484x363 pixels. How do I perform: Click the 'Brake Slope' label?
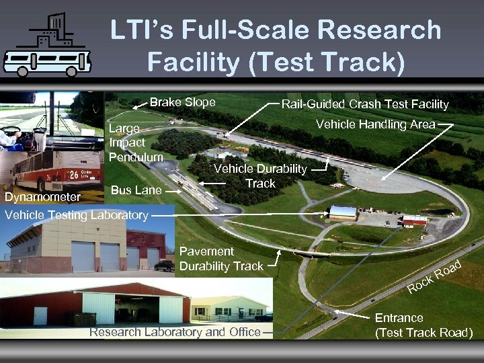click(182, 103)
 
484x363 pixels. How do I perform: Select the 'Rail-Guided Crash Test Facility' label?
click(364, 104)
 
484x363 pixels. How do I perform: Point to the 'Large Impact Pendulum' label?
click(135, 143)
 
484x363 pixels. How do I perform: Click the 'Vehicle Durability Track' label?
click(260, 176)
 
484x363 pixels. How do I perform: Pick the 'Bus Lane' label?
click(136, 190)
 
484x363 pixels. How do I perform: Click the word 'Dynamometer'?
click(42, 198)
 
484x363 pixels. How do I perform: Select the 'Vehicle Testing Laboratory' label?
click(76, 215)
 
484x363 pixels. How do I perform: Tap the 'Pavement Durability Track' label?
click(221, 259)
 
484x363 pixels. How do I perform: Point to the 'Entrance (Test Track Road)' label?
click(424, 325)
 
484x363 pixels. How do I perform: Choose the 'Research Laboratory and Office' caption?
click(175, 332)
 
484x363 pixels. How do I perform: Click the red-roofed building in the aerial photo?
click(414, 220)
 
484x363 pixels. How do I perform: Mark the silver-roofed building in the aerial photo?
click(343, 212)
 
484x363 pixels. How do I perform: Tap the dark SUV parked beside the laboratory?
click(164, 266)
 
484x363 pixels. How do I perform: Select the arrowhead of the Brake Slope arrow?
click(133, 106)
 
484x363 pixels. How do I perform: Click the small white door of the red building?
click(40, 316)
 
